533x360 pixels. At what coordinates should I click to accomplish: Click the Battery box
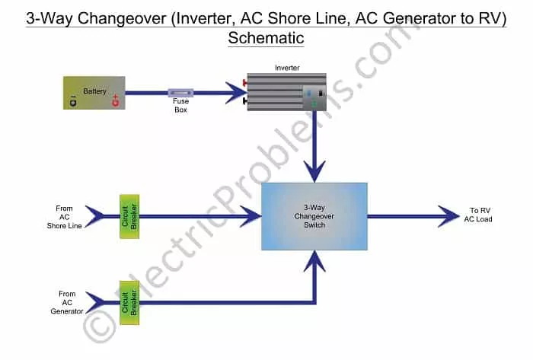tap(94, 93)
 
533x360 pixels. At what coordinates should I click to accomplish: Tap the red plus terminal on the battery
tap(116, 100)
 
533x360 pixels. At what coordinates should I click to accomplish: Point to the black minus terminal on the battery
tap(73, 101)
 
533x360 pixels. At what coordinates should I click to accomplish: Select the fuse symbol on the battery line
tap(181, 93)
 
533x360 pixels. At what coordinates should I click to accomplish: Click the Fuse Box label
tap(181, 105)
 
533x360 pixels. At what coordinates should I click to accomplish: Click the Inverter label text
tap(287, 68)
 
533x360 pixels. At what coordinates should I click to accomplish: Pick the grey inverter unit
tap(286, 91)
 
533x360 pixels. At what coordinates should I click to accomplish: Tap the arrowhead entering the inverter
tap(237, 92)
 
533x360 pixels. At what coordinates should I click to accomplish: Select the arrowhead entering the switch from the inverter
tap(314, 171)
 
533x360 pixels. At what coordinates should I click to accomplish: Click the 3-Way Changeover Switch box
tap(314, 216)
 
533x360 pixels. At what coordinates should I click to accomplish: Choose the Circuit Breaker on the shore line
tap(129, 216)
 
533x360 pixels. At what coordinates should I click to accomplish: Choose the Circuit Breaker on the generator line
tap(129, 303)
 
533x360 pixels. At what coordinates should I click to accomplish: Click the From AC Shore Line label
tap(64, 217)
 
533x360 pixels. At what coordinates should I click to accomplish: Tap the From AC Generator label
tap(67, 303)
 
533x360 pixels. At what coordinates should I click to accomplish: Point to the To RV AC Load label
tap(478, 215)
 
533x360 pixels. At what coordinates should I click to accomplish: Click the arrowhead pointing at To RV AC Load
tap(449, 216)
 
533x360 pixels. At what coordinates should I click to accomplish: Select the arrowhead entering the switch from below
tap(314, 262)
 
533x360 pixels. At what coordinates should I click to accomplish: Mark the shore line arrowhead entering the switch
tap(251, 216)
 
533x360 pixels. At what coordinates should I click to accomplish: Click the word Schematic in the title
tap(266, 38)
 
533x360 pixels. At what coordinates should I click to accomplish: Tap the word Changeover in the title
tap(122, 18)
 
